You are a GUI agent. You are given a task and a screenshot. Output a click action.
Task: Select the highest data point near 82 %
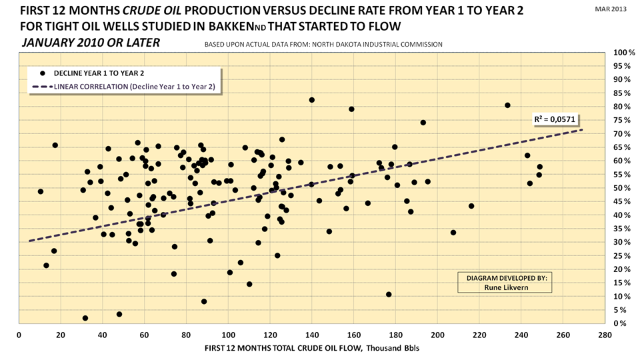pyautogui.click(x=311, y=100)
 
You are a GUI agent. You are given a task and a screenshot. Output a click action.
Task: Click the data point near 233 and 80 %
pyautogui.click(x=507, y=105)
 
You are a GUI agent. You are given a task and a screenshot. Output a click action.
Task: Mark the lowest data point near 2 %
pyautogui.click(x=85, y=318)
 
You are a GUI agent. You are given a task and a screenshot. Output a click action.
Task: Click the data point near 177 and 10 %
pyautogui.click(x=389, y=295)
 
